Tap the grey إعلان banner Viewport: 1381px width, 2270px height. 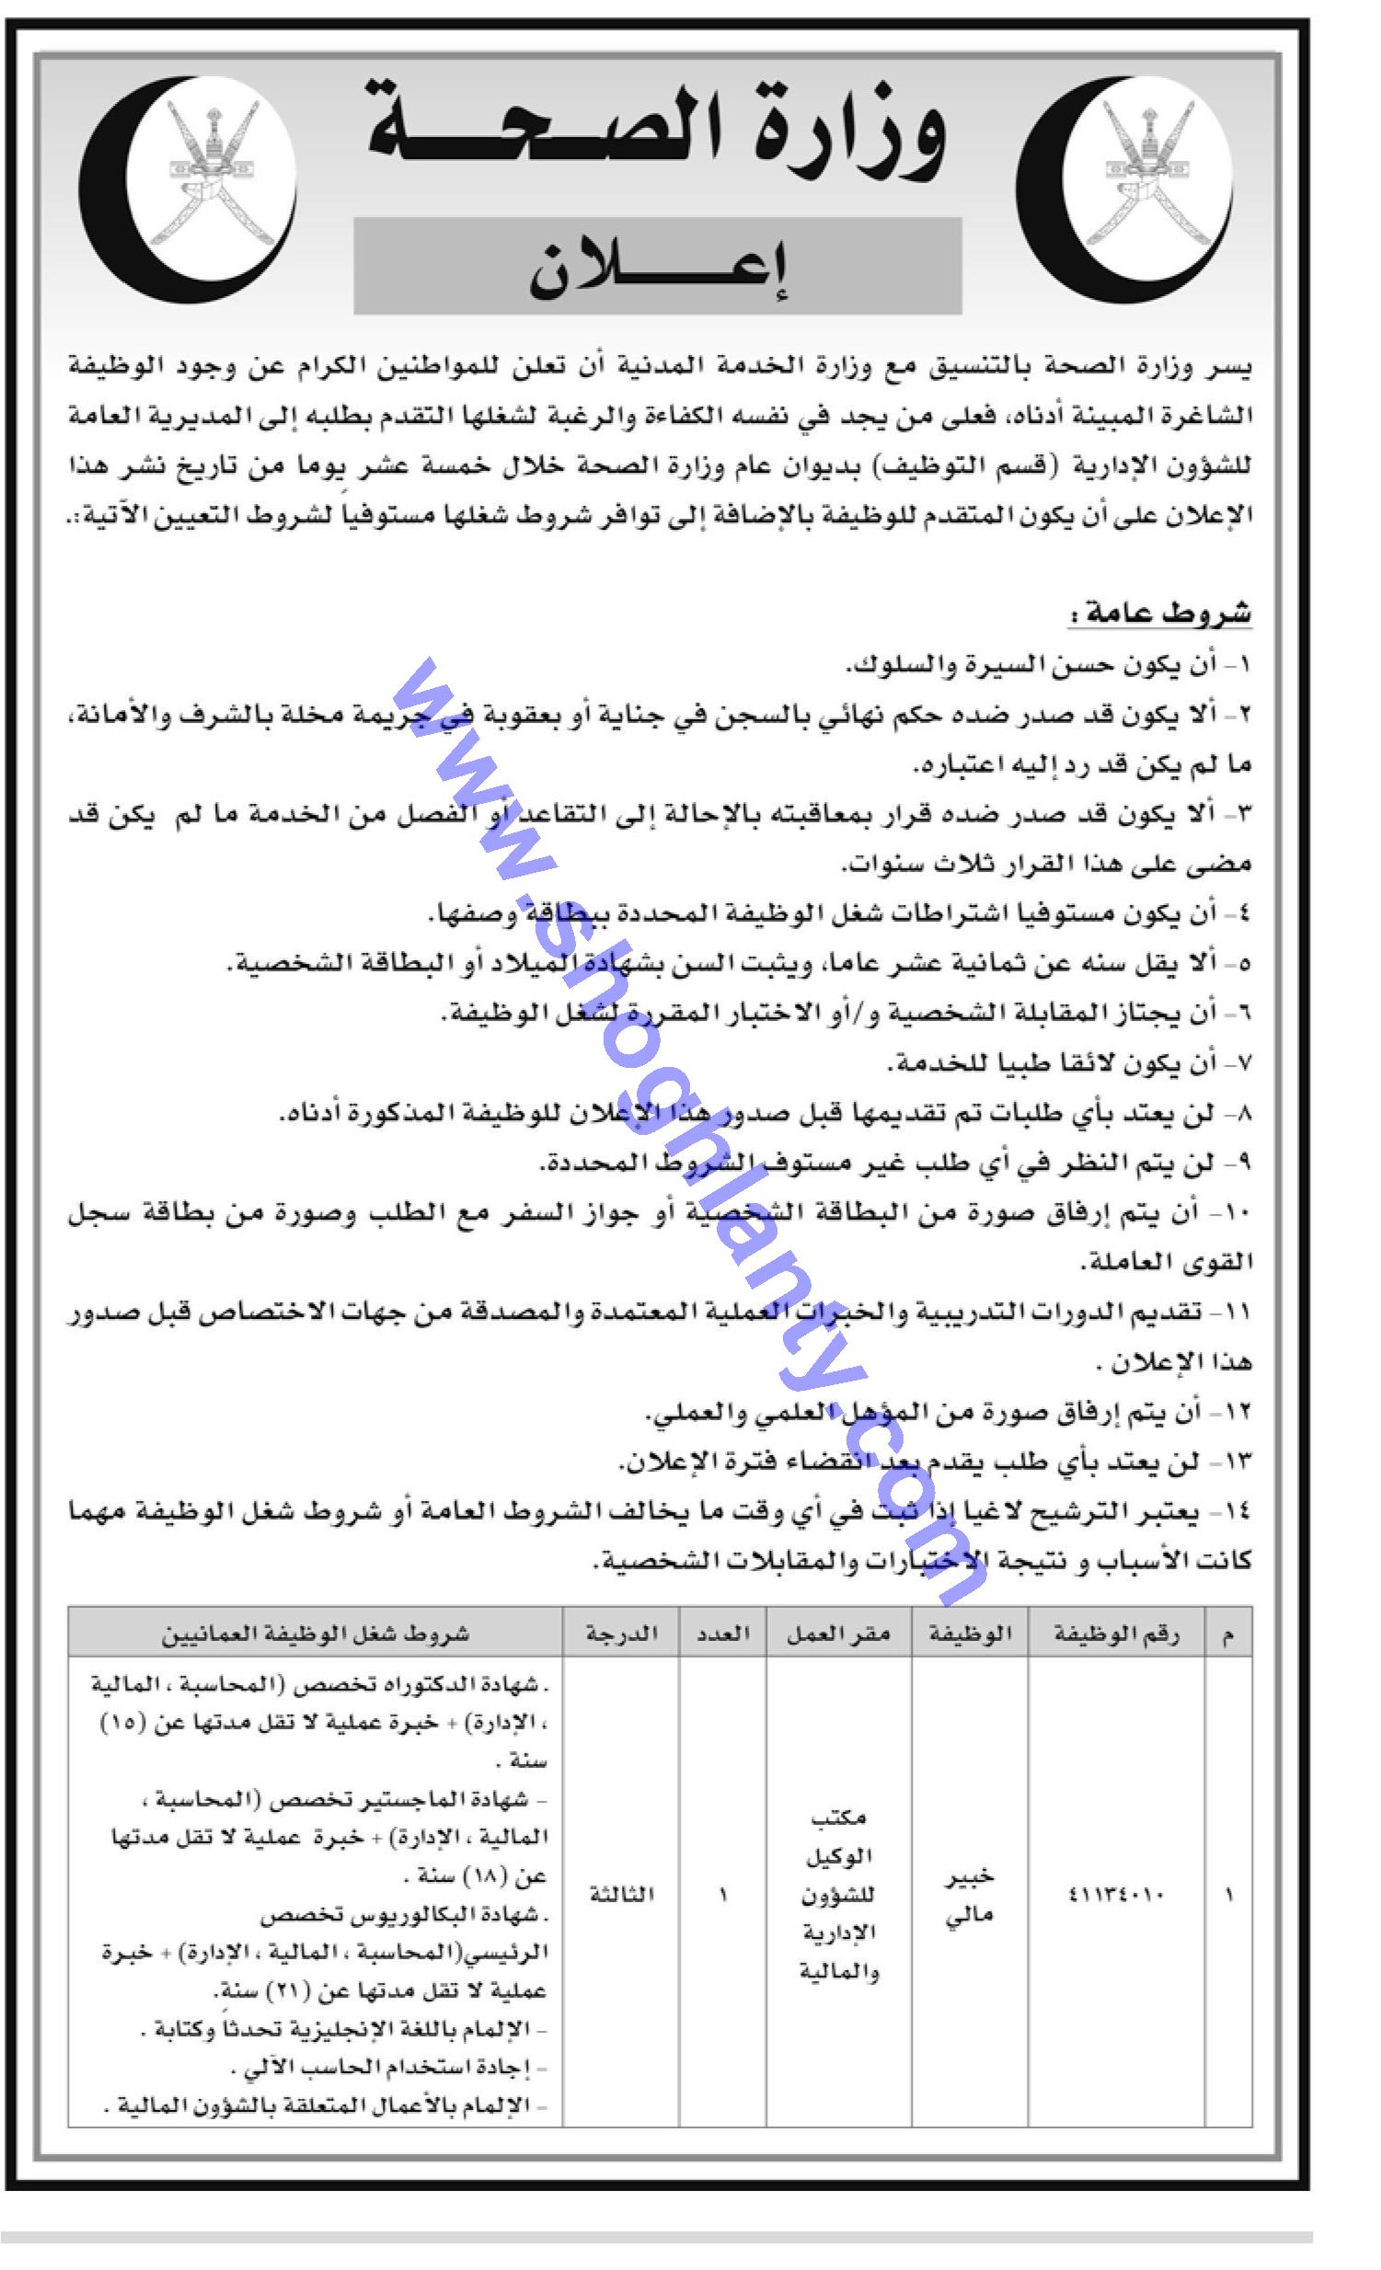click(657, 267)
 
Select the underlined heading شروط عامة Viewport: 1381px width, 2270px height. click(1160, 613)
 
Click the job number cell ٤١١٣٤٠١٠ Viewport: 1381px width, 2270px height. click(1116, 1894)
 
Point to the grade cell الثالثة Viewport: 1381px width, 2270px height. click(622, 1894)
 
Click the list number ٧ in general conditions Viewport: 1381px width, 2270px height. click(1242, 1063)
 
